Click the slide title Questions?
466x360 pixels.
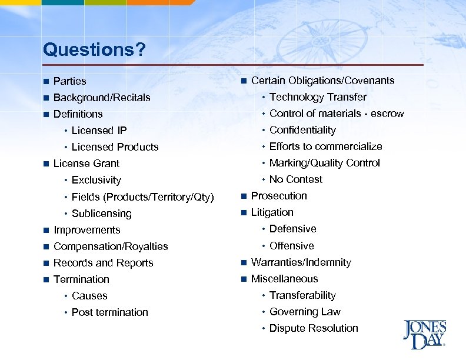point(94,49)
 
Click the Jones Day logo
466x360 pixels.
point(424,334)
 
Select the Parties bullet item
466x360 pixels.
point(69,81)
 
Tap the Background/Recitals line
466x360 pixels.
point(102,98)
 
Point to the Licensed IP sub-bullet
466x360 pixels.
point(99,131)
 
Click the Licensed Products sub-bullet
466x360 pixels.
point(115,147)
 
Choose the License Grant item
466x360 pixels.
point(86,164)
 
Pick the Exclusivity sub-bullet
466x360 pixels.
point(96,180)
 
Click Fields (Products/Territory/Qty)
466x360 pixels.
point(142,197)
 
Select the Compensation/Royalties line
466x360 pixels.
point(111,246)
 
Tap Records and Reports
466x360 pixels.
point(103,263)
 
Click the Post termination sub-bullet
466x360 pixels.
point(109,312)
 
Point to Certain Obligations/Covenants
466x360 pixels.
point(322,81)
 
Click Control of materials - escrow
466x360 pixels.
point(337,114)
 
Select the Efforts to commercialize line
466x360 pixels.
point(325,146)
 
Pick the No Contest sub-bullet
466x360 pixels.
point(295,179)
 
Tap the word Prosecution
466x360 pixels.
point(279,196)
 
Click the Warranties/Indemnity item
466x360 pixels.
point(301,262)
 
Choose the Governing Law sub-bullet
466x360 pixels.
point(305,312)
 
